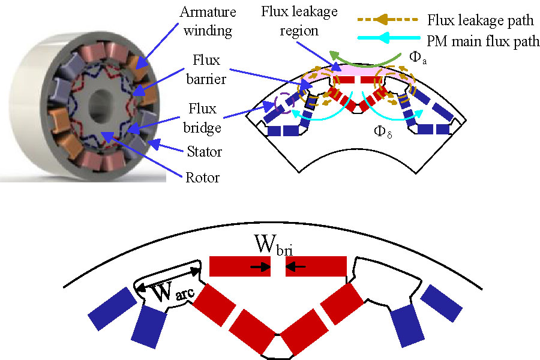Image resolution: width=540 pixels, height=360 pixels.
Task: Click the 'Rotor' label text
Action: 201,178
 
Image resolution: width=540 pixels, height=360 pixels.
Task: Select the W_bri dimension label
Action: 277,247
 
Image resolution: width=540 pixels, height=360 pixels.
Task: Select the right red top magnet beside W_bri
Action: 316,266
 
